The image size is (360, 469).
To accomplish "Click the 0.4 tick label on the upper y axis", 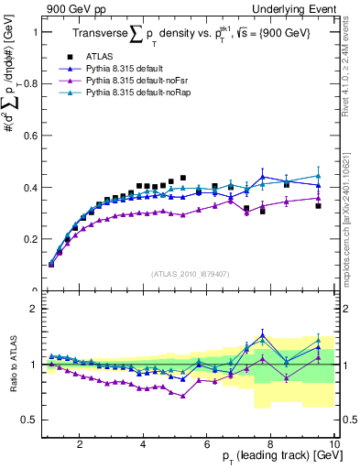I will [27, 188].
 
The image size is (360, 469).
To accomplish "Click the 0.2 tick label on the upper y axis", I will [27, 239].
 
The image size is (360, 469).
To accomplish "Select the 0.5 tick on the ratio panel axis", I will [27, 420].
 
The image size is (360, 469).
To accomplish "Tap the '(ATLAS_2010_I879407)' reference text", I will [190, 273].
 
